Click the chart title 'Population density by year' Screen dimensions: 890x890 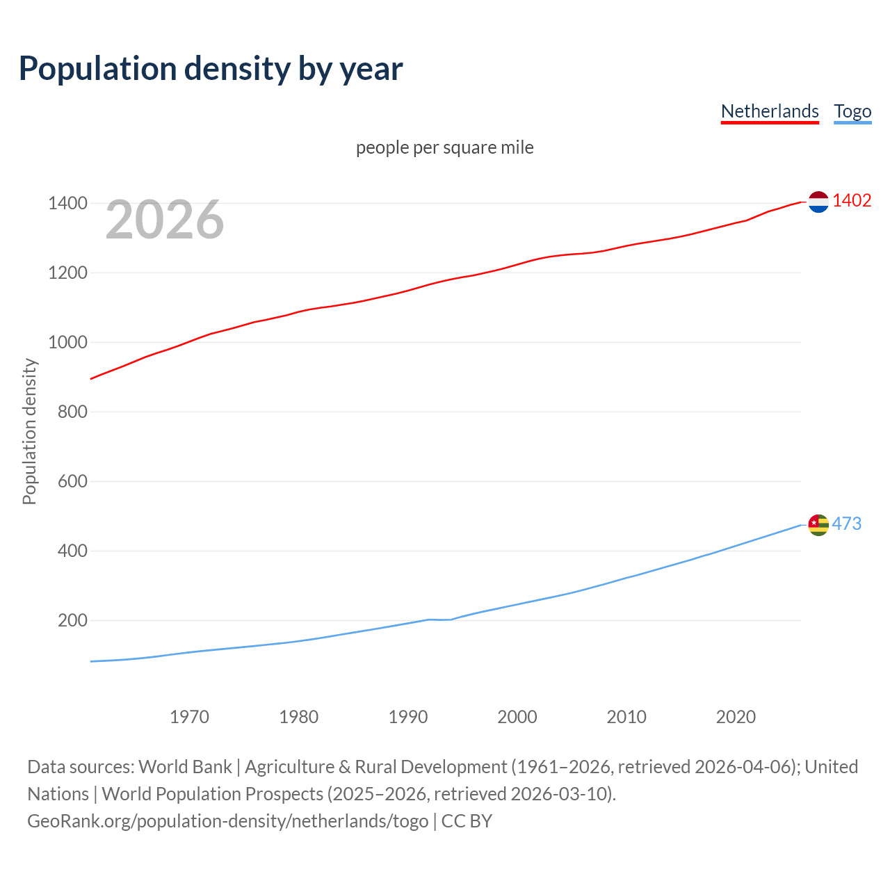point(211,69)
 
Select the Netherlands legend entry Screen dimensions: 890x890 point(770,111)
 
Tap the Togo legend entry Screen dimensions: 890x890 point(852,111)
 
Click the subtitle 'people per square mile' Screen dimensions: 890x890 point(445,147)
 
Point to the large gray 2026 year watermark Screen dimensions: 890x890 point(165,220)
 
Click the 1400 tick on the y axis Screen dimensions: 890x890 point(67,203)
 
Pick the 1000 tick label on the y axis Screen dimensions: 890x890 point(67,342)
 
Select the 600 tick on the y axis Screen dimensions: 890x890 point(72,481)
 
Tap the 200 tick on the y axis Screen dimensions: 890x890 point(72,620)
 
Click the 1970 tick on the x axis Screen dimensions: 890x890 point(189,717)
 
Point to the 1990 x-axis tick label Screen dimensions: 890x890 point(408,717)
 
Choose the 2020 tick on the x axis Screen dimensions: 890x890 point(736,717)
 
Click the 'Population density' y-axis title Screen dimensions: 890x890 point(29,431)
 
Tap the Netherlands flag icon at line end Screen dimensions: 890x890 point(818,202)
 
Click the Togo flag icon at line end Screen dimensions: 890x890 point(818,525)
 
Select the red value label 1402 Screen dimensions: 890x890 point(852,200)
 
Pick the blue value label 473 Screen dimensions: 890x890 point(846,524)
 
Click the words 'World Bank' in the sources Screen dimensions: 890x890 point(185,767)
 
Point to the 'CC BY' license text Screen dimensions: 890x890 point(467,821)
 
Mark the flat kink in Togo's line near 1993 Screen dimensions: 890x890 point(439,620)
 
